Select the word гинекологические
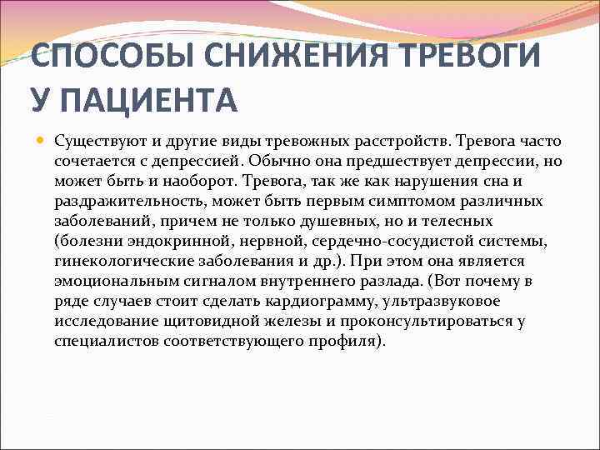(x=122, y=262)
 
